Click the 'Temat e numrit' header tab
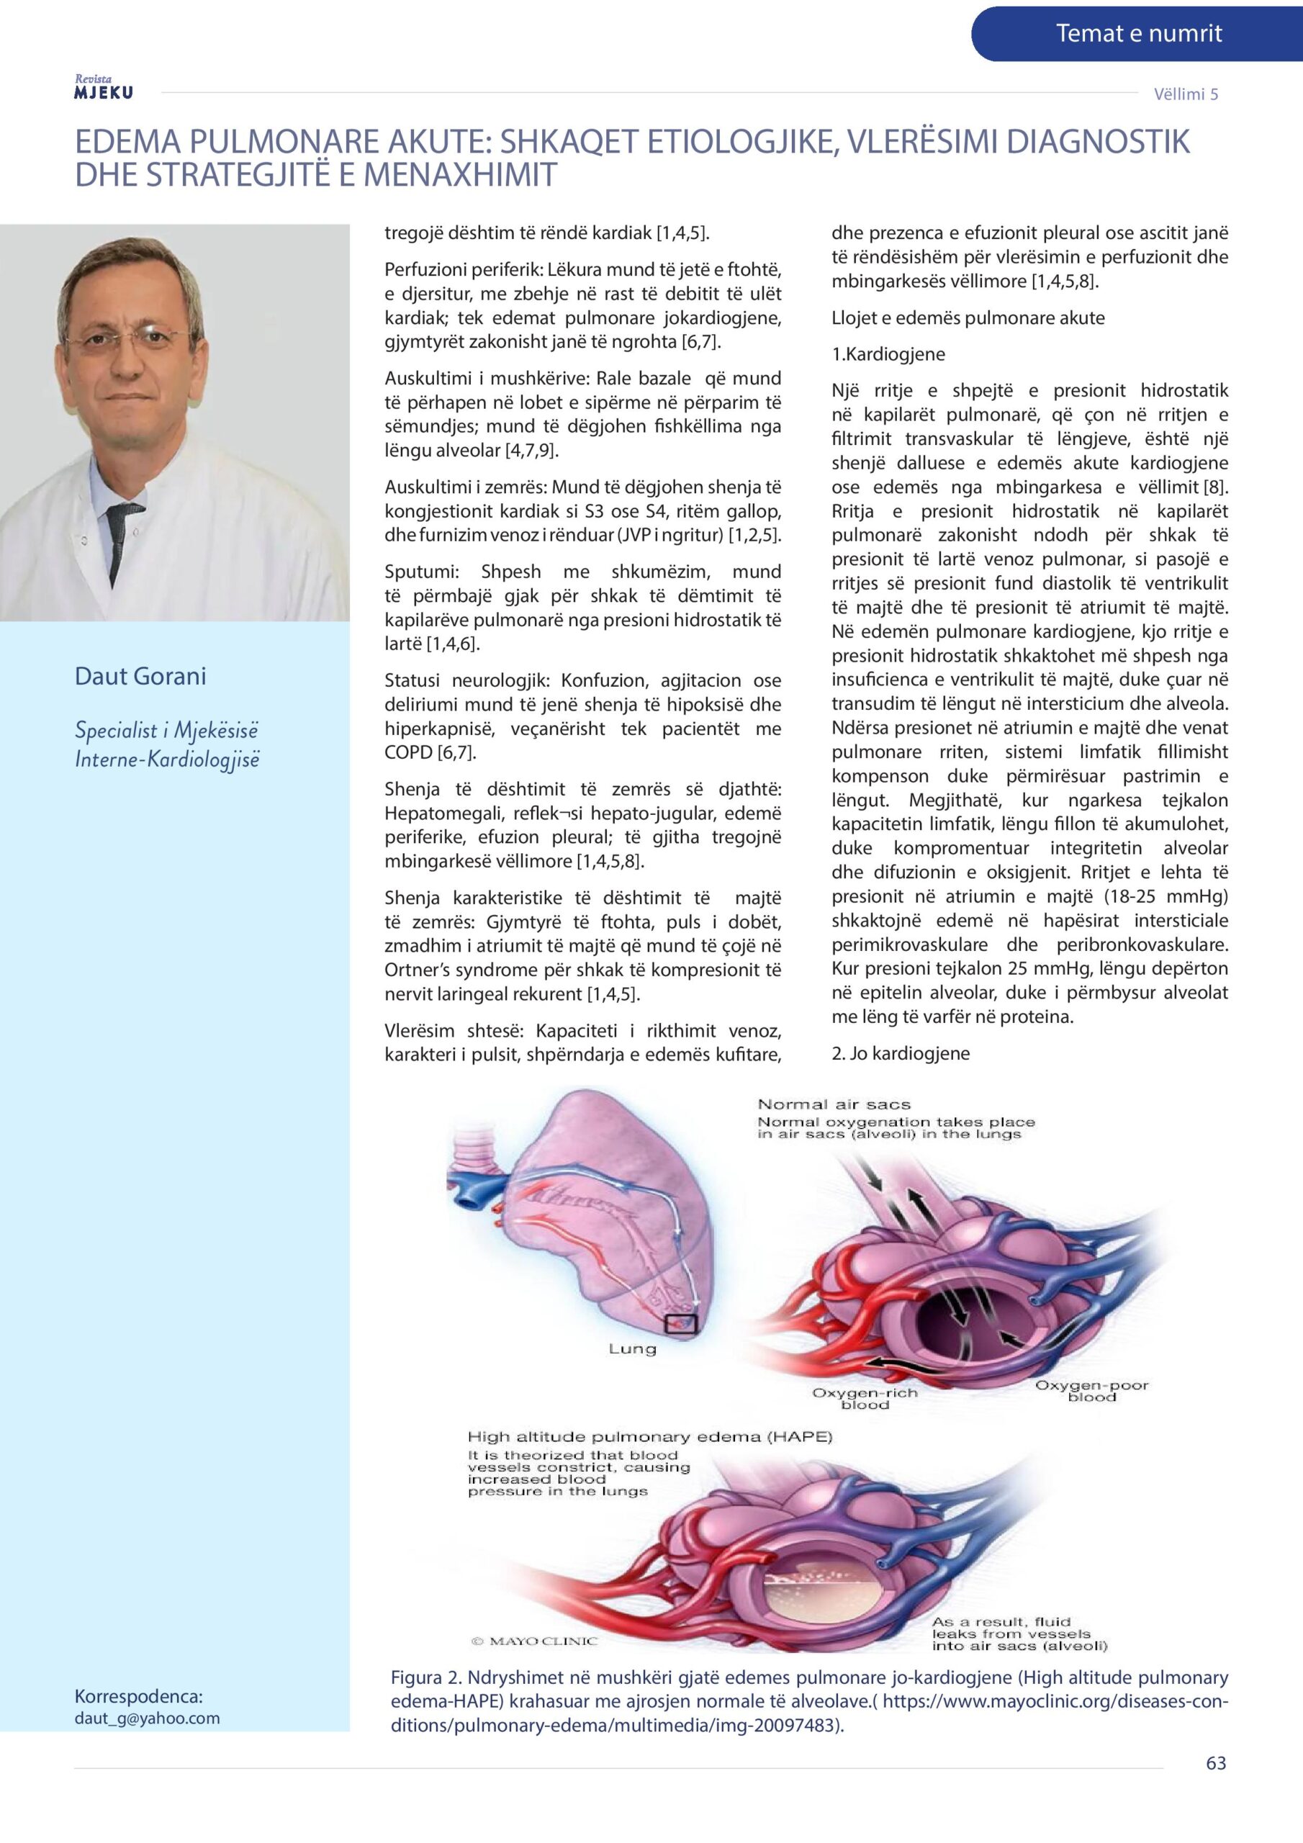coord(1137,34)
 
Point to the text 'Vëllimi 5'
coord(1186,94)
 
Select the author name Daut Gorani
coord(140,677)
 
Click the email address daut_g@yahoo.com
coord(147,1718)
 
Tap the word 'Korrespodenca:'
coord(138,1697)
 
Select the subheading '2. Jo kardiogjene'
coord(900,1053)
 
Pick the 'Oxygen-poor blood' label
coord(1091,1390)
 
